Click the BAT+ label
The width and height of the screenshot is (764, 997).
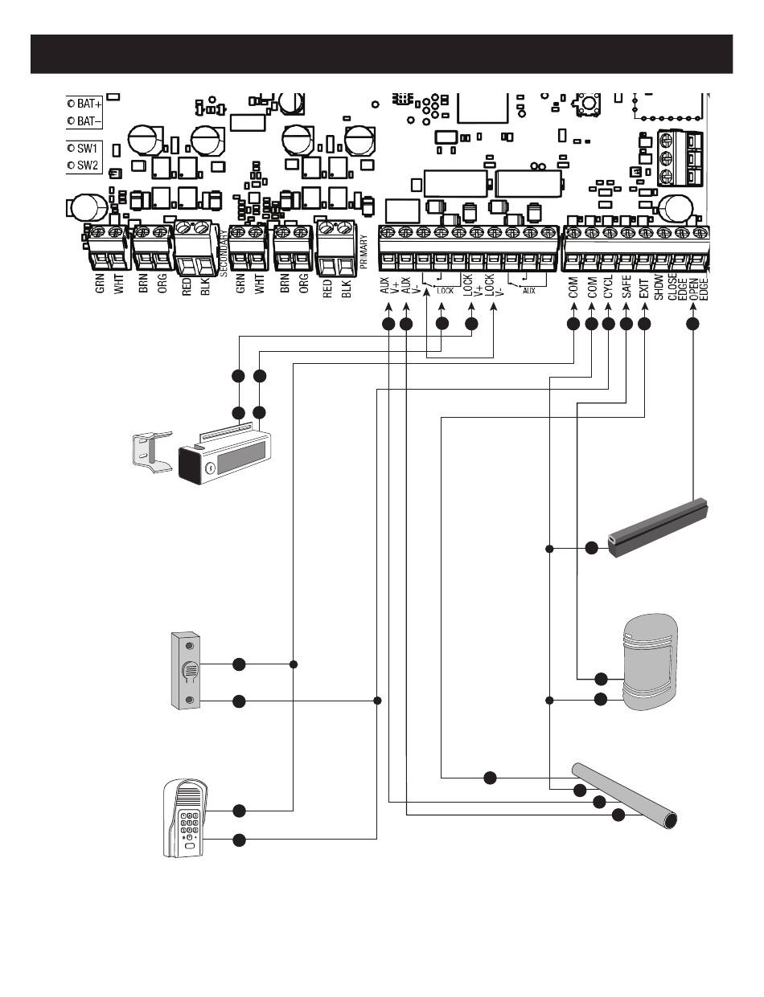[x=89, y=104]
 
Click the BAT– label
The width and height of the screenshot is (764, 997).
[x=89, y=121]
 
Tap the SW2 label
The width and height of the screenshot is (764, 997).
[x=87, y=165]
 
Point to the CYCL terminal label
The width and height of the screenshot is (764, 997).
[x=609, y=288]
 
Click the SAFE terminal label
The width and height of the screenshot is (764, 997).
[x=626, y=288]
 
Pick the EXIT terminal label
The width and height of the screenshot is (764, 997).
[x=644, y=288]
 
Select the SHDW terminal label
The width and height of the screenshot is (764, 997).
[x=659, y=287]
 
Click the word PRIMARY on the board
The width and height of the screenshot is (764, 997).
[x=364, y=256]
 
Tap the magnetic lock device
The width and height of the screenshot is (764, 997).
[x=225, y=456]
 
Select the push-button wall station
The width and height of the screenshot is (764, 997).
[x=187, y=670]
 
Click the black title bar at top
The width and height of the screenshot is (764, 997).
[x=381, y=54]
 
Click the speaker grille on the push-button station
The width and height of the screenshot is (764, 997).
[x=189, y=670]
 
